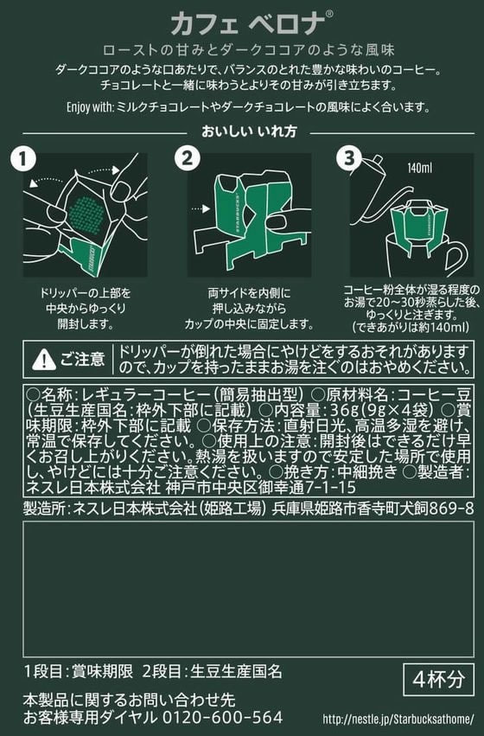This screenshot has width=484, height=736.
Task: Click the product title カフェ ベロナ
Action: click(248, 24)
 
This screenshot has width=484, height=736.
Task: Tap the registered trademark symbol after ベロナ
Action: click(329, 14)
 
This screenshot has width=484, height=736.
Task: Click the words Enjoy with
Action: click(90, 107)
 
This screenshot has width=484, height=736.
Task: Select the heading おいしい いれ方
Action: click(249, 131)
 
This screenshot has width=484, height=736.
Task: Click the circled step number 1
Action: click(23, 158)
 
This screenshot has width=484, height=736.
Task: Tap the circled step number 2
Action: click(188, 158)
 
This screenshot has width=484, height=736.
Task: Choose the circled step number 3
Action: click(349, 158)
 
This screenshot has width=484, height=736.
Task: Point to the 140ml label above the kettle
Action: click(420, 168)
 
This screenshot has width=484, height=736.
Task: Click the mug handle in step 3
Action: click(454, 257)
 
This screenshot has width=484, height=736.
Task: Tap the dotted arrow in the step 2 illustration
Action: click(201, 208)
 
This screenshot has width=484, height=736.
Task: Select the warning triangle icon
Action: click(43, 360)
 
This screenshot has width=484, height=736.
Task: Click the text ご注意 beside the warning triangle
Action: click(82, 360)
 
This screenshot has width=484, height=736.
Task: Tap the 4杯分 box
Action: click(438, 679)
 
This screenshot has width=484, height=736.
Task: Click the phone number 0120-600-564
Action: click(223, 717)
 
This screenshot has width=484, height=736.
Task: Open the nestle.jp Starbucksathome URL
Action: click(398, 719)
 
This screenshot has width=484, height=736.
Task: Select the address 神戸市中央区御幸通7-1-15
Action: click(261, 487)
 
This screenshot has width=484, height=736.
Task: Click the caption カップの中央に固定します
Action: click(249, 323)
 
